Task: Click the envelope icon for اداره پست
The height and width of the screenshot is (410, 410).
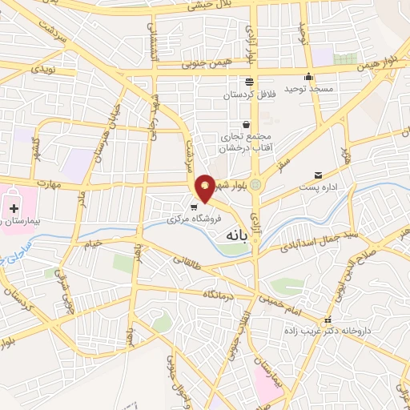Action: [320, 175]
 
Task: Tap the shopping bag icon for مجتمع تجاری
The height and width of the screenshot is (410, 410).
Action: [246, 124]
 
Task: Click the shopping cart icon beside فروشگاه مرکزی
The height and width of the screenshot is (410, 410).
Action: [193, 205]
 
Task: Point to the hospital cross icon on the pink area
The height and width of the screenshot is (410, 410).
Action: [14, 207]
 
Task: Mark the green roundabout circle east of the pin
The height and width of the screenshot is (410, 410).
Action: [255, 185]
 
